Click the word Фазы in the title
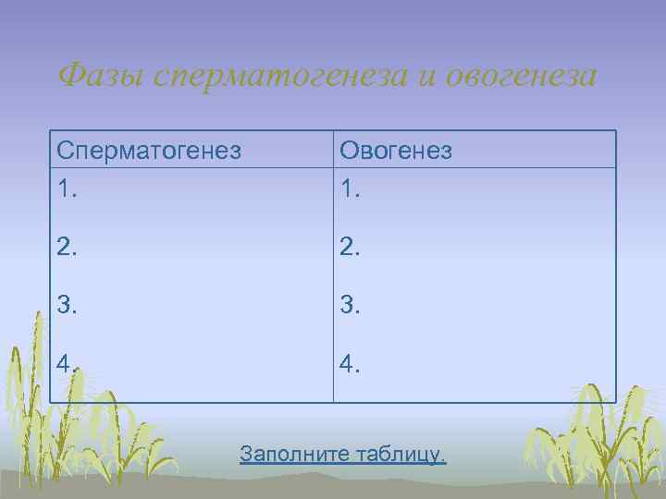(x=102, y=75)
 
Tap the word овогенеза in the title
(x=520, y=75)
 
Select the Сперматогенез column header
(x=148, y=150)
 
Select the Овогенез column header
(x=396, y=150)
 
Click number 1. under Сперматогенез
(x=67, y=189)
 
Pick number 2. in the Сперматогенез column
(x=68, y=247)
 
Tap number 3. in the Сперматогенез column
(x=68, y=305)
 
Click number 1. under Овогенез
(x=350, y=189)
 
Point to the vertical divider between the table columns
(x=333, y=277)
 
